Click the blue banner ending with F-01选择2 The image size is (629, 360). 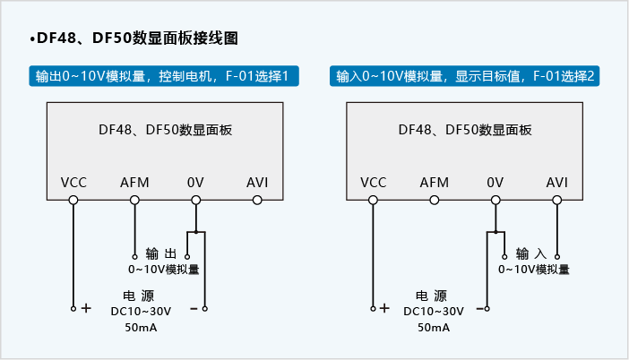465,76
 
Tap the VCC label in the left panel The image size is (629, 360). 73,183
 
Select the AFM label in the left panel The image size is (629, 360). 134,183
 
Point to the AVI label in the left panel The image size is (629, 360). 257,183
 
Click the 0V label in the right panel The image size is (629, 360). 495,183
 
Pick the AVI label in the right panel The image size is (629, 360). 557,183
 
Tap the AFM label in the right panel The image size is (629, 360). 435,183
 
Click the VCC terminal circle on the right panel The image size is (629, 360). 374,200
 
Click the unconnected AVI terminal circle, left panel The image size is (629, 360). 257,200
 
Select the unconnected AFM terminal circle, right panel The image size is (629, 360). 435,200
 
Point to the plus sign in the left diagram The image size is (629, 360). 86,308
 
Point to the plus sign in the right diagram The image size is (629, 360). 384,308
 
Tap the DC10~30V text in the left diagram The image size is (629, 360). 140,311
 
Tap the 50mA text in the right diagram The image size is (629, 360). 434,327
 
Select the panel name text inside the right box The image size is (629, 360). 465,129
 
